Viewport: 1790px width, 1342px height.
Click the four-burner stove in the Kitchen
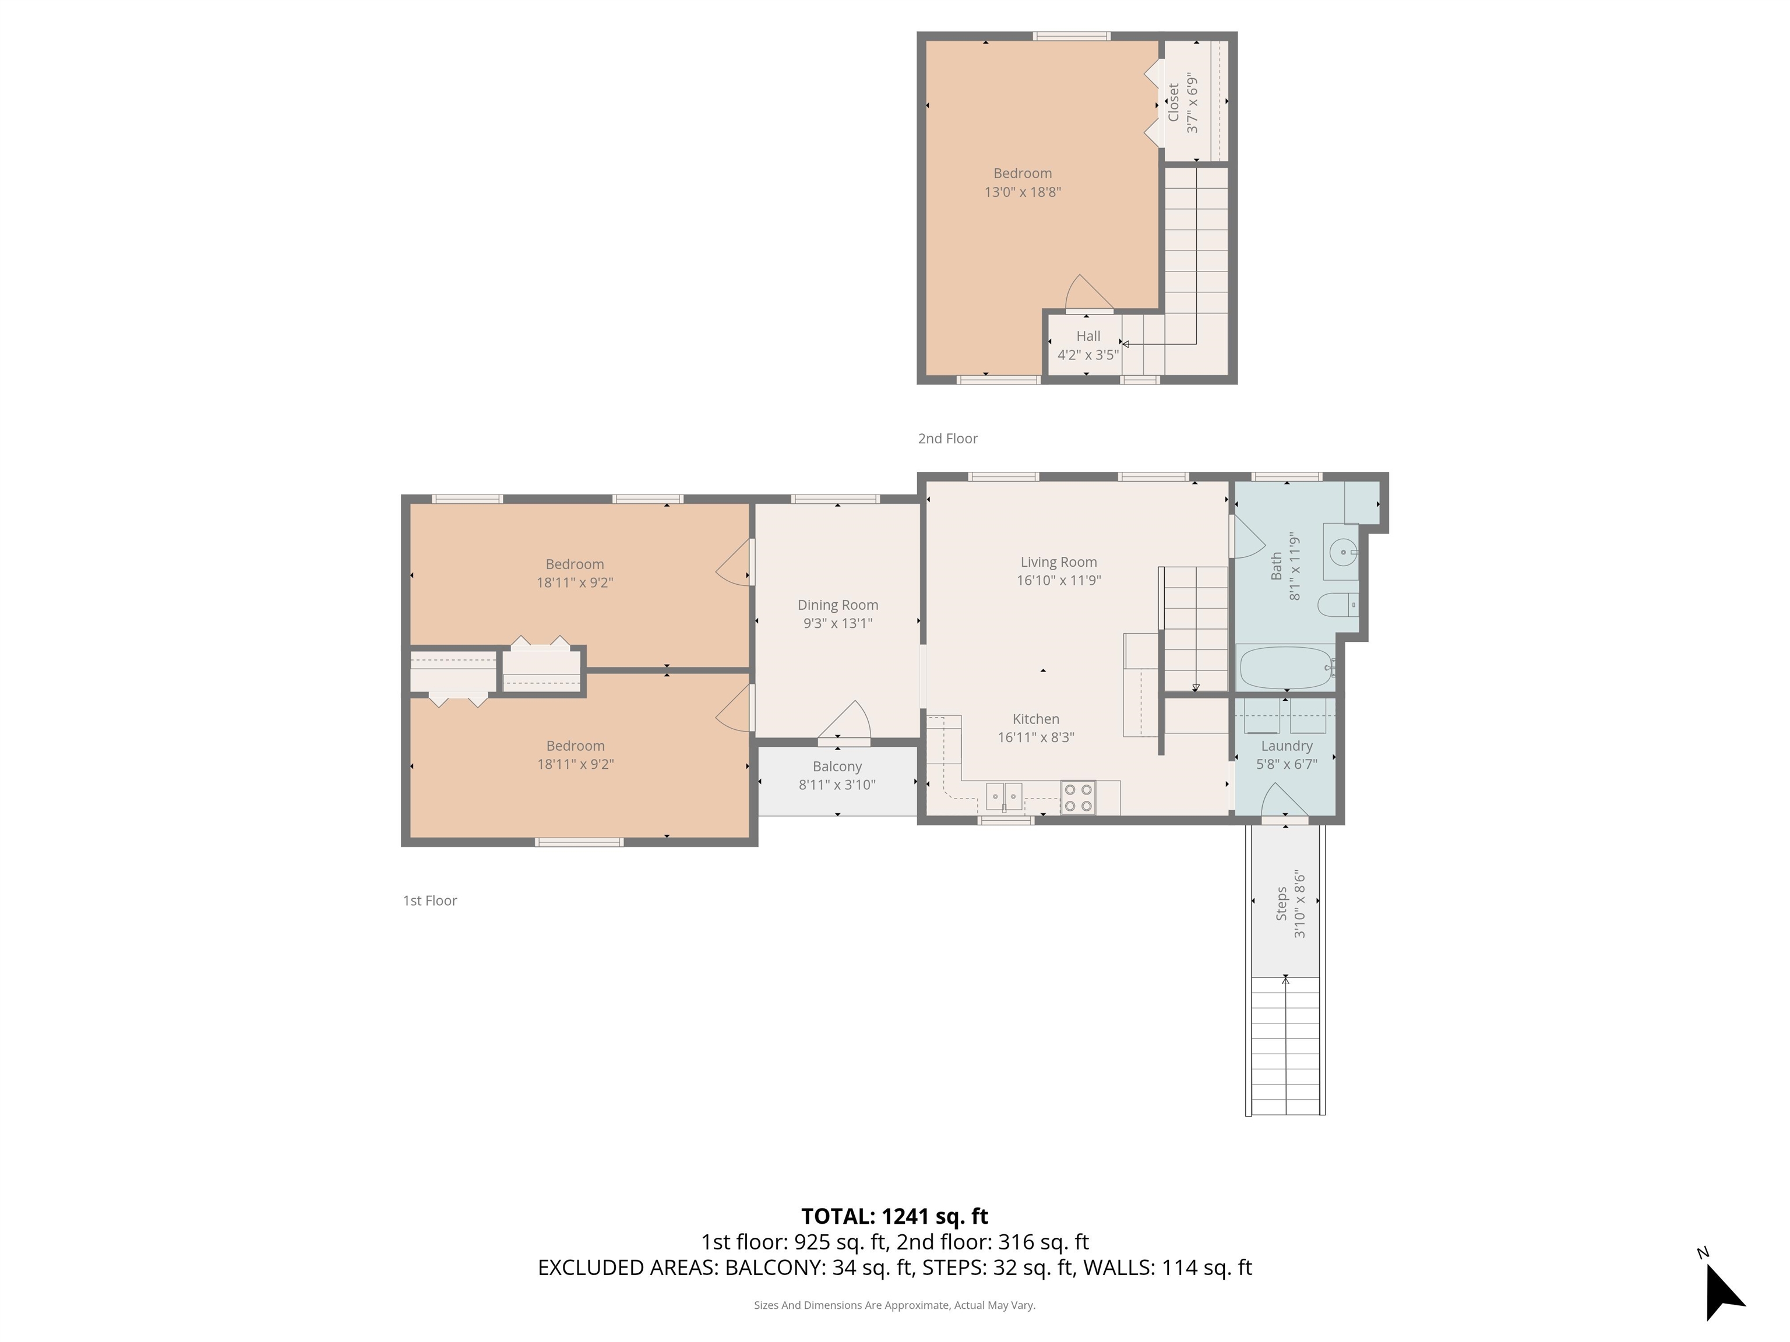pos(1078,797)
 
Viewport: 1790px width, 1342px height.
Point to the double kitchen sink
pos(1004,797)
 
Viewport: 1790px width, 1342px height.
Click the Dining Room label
pos(837,605)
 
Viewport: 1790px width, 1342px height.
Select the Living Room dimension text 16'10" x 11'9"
pos(1059,581)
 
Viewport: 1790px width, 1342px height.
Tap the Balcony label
pos(837,766)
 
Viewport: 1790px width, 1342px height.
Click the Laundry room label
pos(1286,746)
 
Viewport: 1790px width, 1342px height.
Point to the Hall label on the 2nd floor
pos(1088,335)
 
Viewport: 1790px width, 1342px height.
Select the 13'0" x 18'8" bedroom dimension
pos(1022,193)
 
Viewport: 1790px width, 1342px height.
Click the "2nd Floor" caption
pos(947,439)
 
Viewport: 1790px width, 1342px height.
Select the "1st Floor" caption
pos(429,900)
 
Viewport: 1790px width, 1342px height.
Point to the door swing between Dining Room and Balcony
pos(845,722)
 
